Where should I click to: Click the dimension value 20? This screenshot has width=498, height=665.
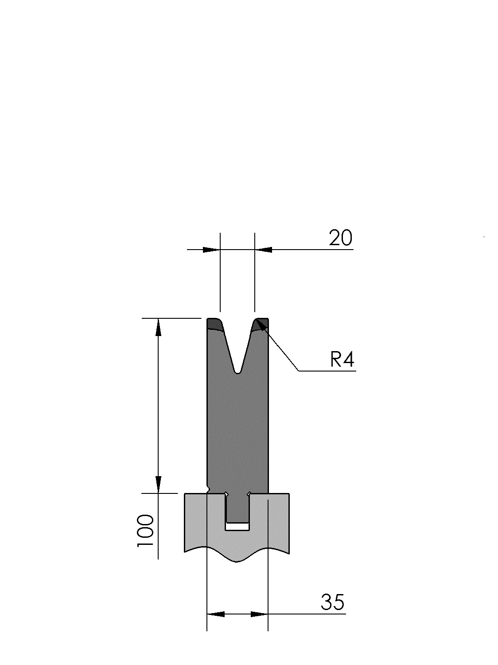click(341, 238)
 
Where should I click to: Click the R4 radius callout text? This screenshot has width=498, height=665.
click(342, 360)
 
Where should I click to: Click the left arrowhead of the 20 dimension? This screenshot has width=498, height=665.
click(211, 250)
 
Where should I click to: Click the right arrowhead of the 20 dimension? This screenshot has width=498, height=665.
click(263, 250)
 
